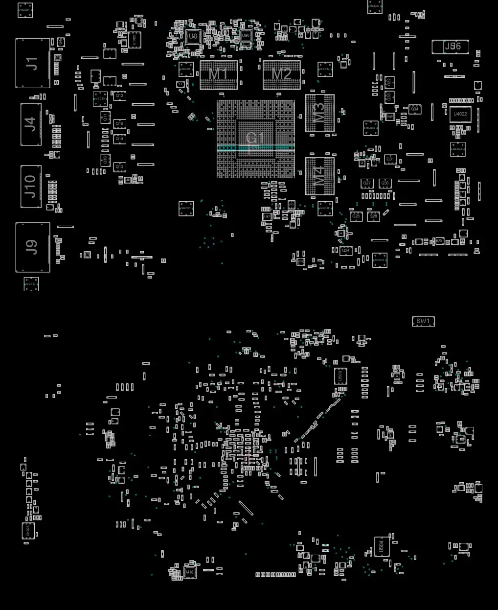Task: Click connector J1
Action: click(32, 63)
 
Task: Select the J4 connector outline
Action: click(31, 124)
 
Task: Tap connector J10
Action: click(31, 186)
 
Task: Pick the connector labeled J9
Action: click(32, 247)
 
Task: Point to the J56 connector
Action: click(451, 47)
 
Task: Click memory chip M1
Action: click(219, 75)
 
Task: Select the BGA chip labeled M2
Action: click(281, 75)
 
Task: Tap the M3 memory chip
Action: click(319, 113)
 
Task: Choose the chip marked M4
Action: click(319, 176)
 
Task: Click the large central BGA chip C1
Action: click(256, 139)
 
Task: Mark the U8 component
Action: click(193, 36)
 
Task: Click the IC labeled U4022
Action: click(460, 115)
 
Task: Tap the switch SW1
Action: click(423, 322)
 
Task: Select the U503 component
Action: click(341, 376)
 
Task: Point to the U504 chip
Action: click(382, 546)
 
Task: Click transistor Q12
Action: click(119, 96)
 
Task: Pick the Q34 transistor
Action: click(415, 109)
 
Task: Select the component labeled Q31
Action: click(390, 159)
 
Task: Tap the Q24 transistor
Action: click(346, 250)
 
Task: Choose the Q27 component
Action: click(367, 183)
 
